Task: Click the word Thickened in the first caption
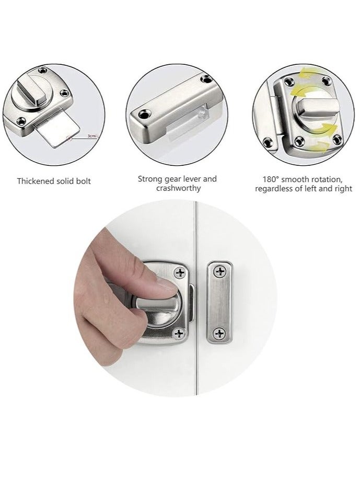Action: (x=37, y=181)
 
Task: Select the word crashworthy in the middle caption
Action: (x=178, y=188)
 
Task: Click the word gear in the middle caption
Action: (x=172, y=179)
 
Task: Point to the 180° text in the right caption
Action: (x=272, y=179)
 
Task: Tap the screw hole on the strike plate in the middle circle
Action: (x=143, y=111)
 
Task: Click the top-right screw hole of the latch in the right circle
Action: (x=327, y=81)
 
